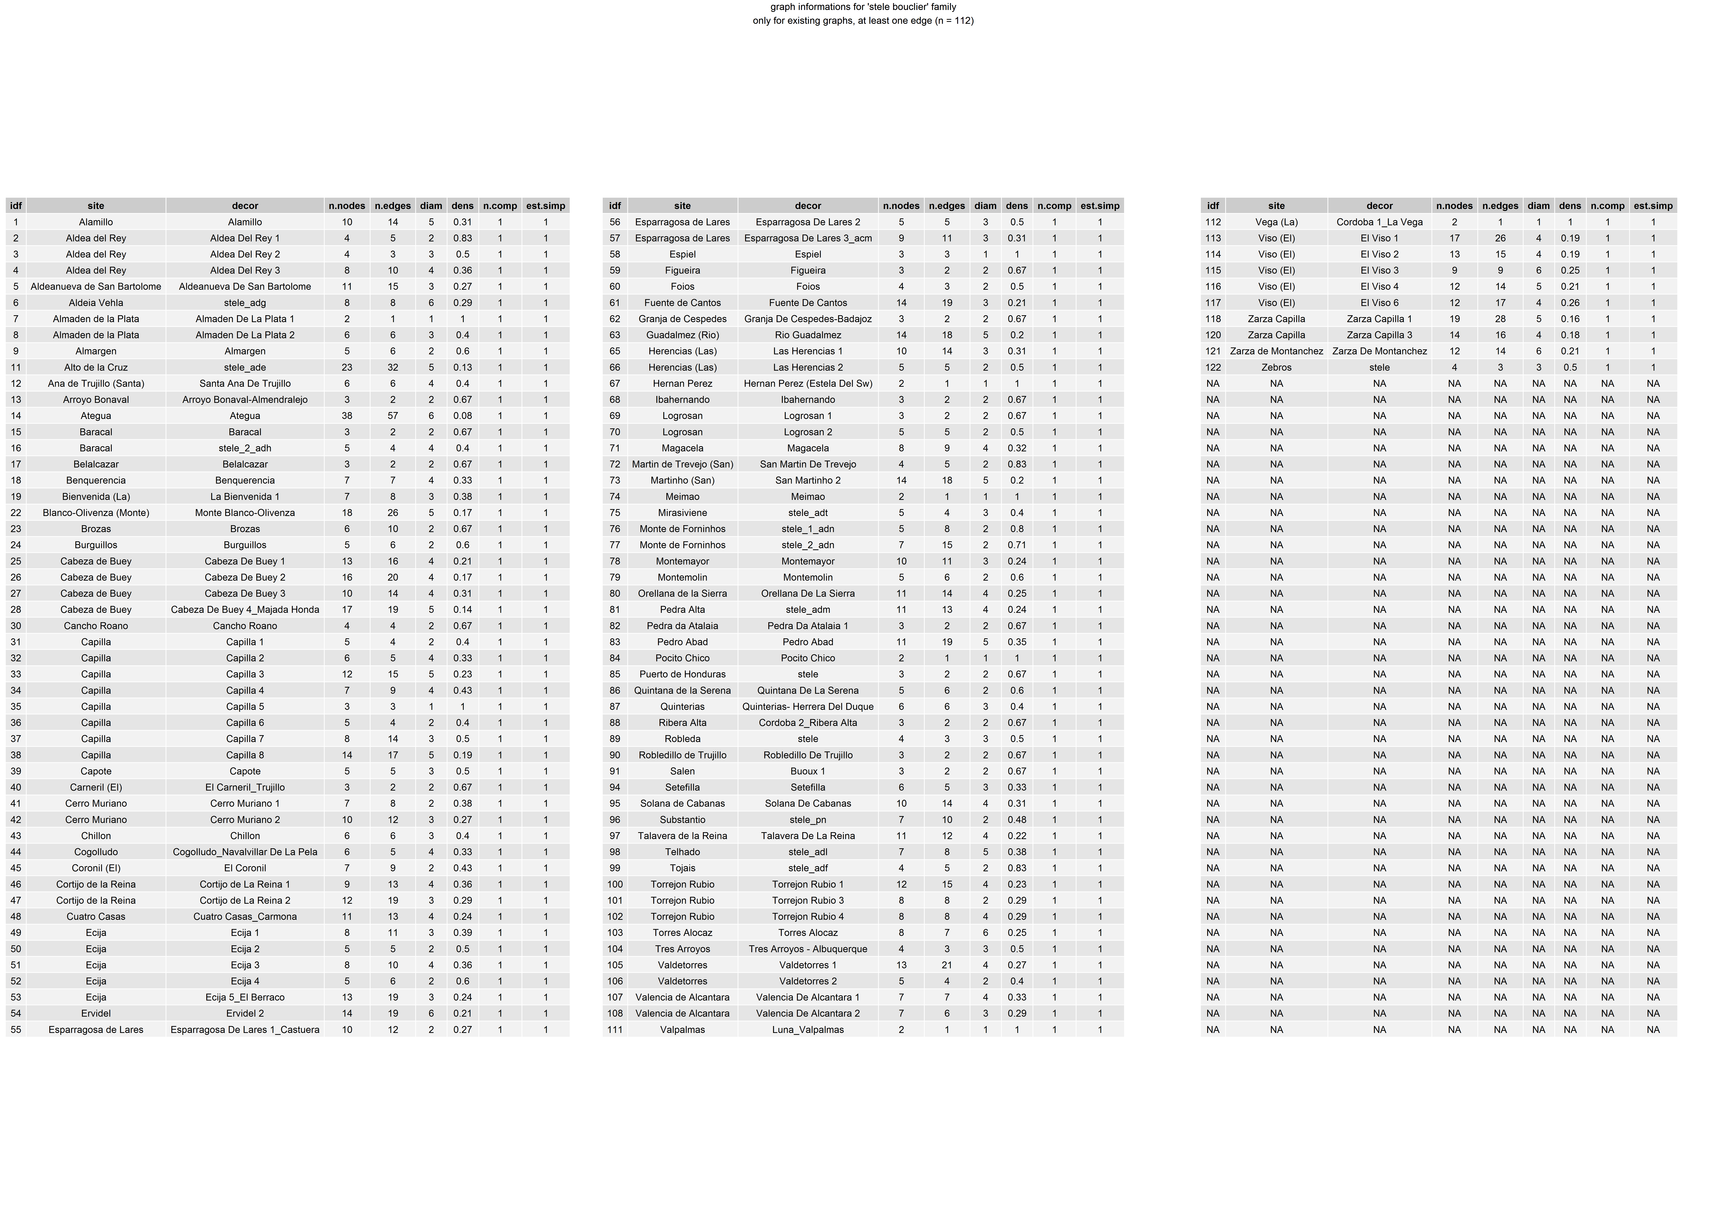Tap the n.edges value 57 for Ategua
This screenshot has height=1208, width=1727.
[x=393, y=416]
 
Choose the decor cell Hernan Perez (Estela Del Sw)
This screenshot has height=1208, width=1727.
[x=808, y=383]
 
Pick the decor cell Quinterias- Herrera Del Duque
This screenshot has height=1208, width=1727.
[x=808, y=707]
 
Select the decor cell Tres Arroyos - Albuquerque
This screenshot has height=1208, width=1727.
[x=808, y=949]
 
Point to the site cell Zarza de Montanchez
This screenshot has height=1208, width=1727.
[x=1276, y=351]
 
